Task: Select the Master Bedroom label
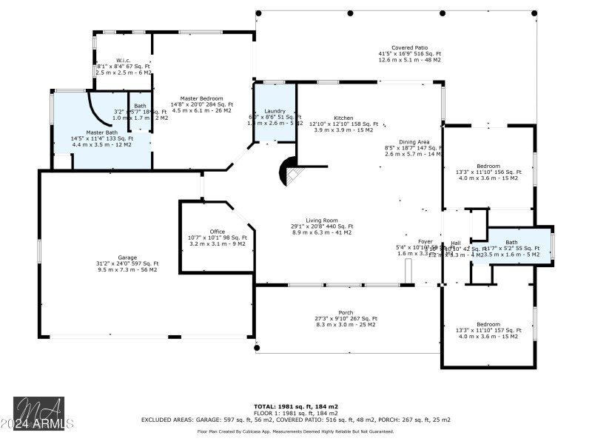(202, 98)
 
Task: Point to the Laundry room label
(275, 110)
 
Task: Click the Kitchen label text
(343, 118)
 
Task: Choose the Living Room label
(322, 220)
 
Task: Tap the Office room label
(217, 231)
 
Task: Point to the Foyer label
(425, 241)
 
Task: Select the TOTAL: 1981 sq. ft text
(296, 406)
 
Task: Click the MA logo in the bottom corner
(38, 411)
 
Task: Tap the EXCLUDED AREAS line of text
(296, 419)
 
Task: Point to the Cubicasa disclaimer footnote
(296, 431)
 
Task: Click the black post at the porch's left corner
(257, 347)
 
